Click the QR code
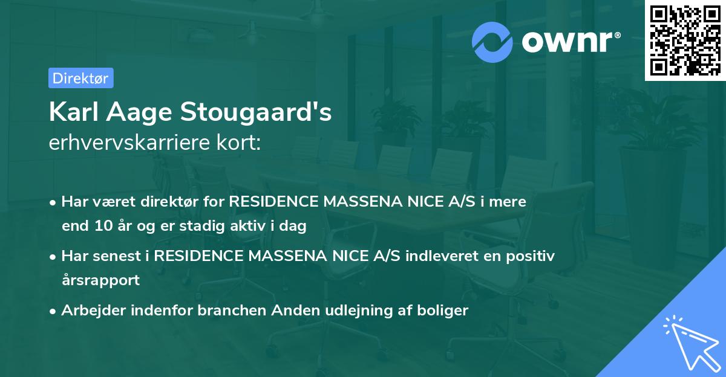coord(685,40)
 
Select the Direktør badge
coord(80,78)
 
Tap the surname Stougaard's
coord(264,112)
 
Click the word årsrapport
coord(100,280)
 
